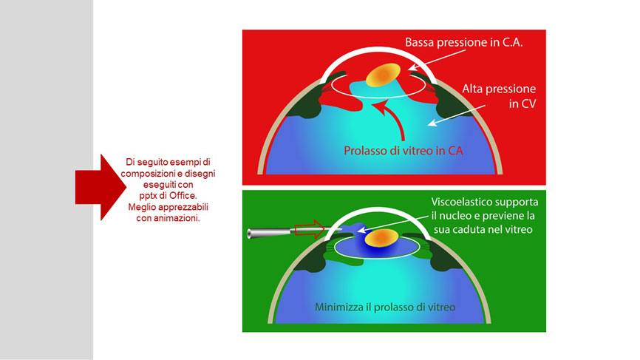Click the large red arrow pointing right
pos(101,187)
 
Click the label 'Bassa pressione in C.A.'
pos(463,42)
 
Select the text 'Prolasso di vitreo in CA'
pos(404,151)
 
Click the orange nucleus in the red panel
pos(383,75)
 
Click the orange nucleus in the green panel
pos(381,238)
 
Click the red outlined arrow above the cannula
pos(310,229)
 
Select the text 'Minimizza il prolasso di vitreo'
pos(385,307)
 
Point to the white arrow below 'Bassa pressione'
pos(437,60)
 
